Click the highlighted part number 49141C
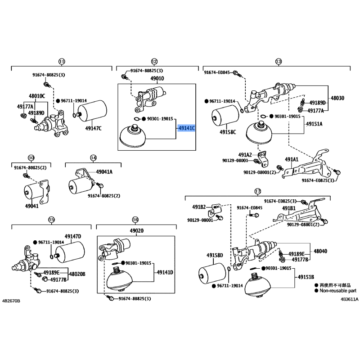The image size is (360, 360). pos(187,128)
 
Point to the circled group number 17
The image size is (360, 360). pos(258,192)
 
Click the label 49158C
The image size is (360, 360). pos(228,132)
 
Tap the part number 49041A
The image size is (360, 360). pos(104,172)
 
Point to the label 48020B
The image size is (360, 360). pos(77,274)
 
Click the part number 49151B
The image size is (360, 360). pos(306,276)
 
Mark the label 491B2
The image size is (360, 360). pos(199,207)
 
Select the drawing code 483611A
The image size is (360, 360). pos(349,300)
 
